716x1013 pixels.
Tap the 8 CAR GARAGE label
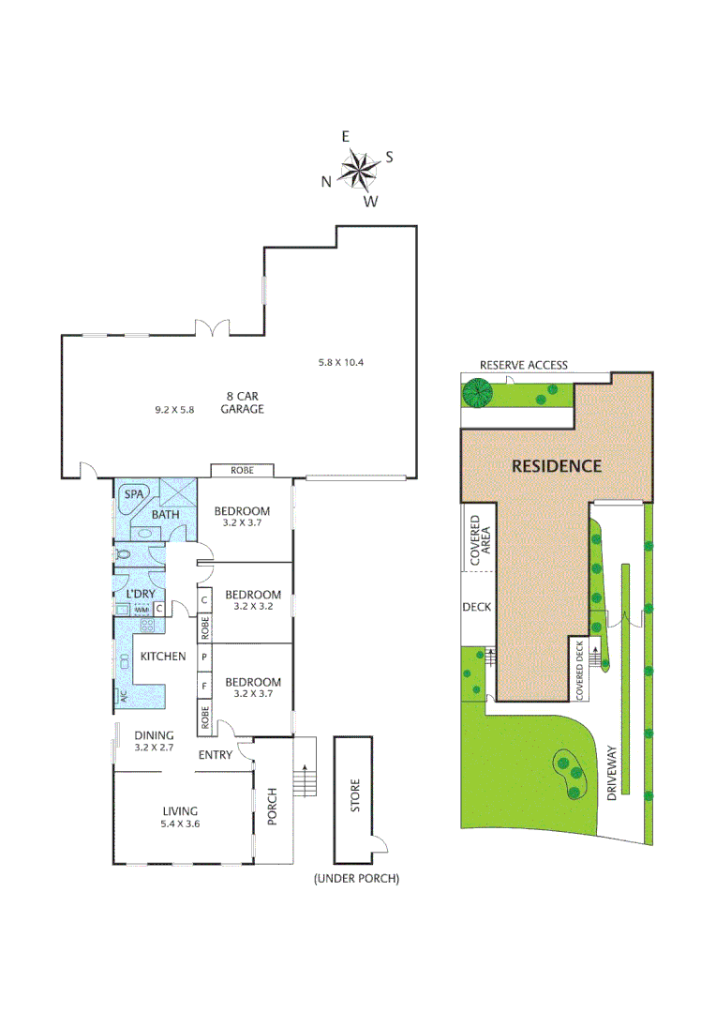(x=243, y=401)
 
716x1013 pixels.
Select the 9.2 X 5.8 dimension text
(x=174, y=410)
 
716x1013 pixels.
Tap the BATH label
(x=165, y=514)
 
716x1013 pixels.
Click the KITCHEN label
(x=163, y=657)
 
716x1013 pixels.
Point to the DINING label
(x=154, y=735)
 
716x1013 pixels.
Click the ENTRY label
(x=216, y=755)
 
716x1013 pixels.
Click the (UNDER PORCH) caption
(x=357, y=879)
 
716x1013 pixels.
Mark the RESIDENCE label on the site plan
(x=556, y=465)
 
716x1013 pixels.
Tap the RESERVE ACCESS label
(x=523, y=365)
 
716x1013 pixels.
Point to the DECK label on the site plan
(x=476, y=607)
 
